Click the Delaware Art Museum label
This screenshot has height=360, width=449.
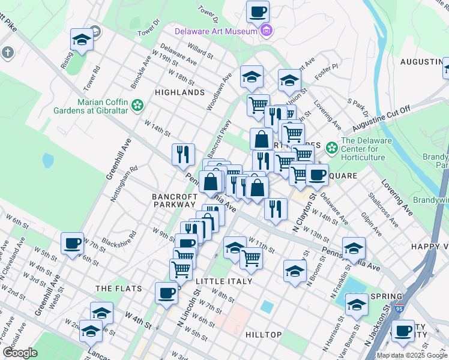pyautogui.click(x=215, y=31)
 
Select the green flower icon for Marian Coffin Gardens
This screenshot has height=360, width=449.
pyautogui.click(x=137, y=106)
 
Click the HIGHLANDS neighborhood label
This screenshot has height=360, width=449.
pyautogui.click(x=180, y=92)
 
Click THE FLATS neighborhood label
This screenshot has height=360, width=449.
pyautogui.click(x=119, y=289)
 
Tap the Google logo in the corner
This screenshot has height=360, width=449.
pyautogui.click(x=20, y=352)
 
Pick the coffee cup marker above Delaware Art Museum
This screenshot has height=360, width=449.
pyautogui.click(x=258, y=11)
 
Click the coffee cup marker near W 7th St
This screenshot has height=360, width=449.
pyautogui.click(x=73, y=244)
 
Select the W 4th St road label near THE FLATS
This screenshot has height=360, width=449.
pyautogui.click(x=138, y=319)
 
